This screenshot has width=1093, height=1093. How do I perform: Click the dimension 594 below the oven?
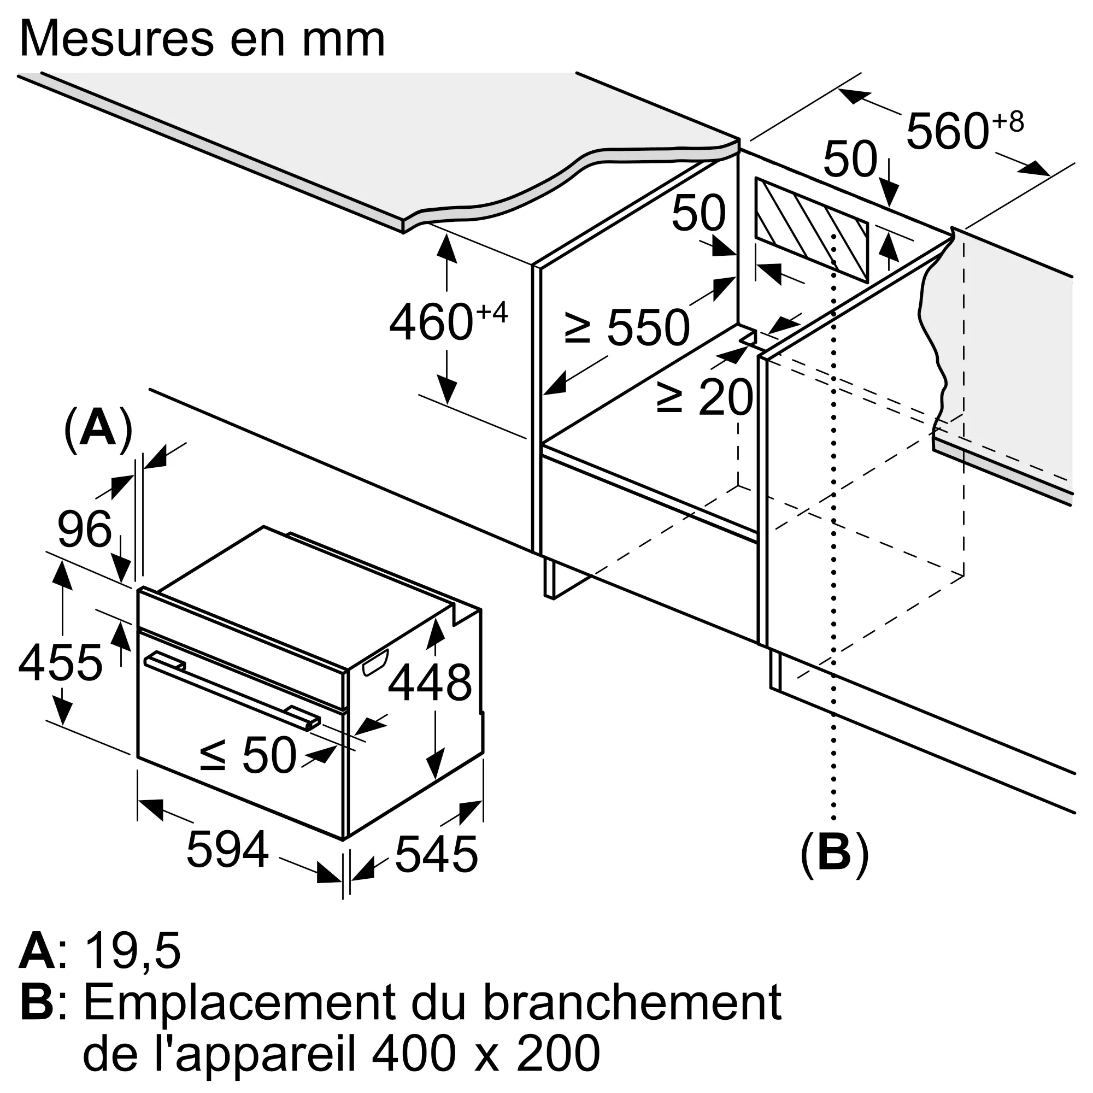pyautogui.click(x=227, y=849)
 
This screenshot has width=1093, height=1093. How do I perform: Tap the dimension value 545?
pyautogui.click(x=436, y=854)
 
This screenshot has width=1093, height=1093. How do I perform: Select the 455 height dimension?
pyautogui.click(x=61, y=662)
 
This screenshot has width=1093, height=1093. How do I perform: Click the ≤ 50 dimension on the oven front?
pyautogui.click(x=249, y=755)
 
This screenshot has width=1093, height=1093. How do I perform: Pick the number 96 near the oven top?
pyautogui.click(x=85, y=530)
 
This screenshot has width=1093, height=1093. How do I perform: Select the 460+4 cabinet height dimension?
pyautogui.click(x=447, y=322)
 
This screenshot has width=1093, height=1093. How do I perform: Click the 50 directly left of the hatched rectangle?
pyautogui.click(x=698, y=213)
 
